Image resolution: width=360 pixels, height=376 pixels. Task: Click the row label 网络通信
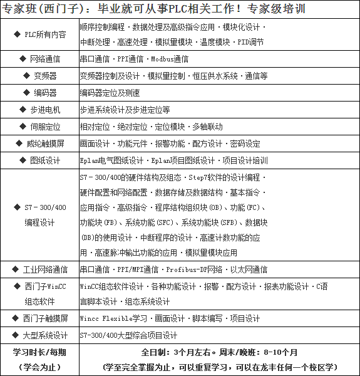click(x=44, y=59)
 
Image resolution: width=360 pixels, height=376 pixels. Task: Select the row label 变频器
click(x=44, y=76)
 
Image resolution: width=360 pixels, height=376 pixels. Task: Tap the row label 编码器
click(x=44, y=93)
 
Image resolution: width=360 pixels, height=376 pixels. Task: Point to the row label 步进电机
click(x=44, y=110)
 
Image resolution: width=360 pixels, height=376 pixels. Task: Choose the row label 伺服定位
click(x=44, y=127)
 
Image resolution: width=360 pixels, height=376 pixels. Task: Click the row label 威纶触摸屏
click(x=44, y=144)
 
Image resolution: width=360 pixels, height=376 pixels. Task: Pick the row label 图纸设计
click(x=44, y=160)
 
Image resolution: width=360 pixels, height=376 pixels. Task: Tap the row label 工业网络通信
click(x=44, y=269)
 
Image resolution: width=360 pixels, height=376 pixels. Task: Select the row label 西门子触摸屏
click(x=44, y=318)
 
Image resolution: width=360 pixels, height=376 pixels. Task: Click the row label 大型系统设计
click(x=44, y=335)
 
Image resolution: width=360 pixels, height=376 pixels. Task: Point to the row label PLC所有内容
click(x=44, y=35)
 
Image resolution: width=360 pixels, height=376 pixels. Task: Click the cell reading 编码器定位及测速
click(x=110, y=93)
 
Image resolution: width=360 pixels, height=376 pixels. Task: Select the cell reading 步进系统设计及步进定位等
click(x=125, y=110)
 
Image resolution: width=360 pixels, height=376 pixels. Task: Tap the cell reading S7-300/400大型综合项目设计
click(x=128, y=335)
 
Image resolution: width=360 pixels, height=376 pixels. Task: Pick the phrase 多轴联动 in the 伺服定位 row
click(x=207, y=127)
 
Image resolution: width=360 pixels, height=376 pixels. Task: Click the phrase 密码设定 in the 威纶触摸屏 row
click(x=245, y=144)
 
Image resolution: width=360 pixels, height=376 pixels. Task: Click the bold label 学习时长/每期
click(x=39, y=352)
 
